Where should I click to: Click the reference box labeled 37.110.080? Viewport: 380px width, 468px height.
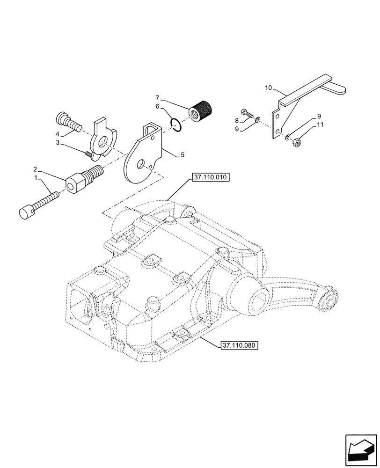pos(239,345)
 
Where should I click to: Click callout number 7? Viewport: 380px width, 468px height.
pos(158,97)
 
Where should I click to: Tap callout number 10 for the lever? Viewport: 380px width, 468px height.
pos(268,88)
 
